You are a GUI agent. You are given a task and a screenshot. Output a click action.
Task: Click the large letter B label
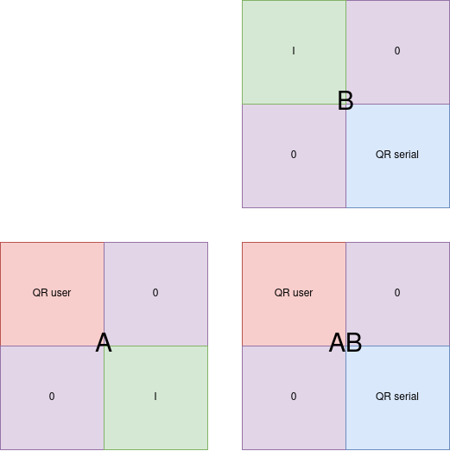[x=345, y=100]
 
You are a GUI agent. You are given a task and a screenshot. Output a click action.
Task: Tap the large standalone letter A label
[x=104, y=342]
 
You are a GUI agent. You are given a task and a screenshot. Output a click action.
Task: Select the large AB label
[x=345, y=342]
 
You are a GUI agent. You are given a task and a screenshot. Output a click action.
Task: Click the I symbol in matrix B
[x=294, y=51]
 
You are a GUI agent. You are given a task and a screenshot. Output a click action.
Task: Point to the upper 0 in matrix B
[x=397, y=51]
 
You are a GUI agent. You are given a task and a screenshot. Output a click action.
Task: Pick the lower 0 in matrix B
[x=294, y=155]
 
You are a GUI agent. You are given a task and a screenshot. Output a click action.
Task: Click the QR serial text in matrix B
[x=397, y=155]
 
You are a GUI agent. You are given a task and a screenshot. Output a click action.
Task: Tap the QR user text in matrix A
[x=52, y=293]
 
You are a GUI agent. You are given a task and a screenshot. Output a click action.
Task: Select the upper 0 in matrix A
[x=155, y=293]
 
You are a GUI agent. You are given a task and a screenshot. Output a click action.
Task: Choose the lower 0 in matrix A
[x=52, y=397]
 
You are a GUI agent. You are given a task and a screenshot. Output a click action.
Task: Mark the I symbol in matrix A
[x=155, y=397]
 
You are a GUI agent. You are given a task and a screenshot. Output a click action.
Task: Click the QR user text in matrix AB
[x=294, y=293]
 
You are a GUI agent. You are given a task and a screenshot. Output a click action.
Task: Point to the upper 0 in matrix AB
[x=397, y=293]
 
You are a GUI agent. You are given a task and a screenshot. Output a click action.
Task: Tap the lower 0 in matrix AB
[x=294, y=397]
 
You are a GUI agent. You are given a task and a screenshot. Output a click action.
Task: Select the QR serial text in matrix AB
[x=397, y=397]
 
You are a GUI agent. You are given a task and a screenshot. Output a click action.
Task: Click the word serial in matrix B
[x=406, y=155]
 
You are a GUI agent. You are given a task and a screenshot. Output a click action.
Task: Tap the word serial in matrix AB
[x=406, y=397]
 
